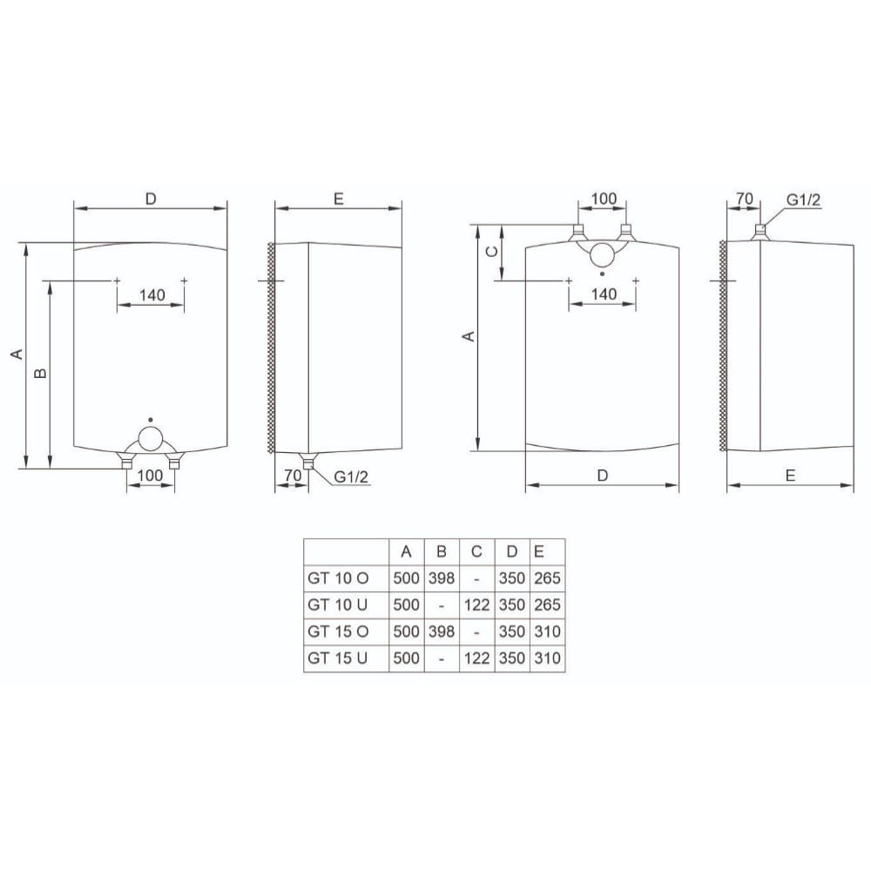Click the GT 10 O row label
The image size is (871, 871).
[x=338, y=578]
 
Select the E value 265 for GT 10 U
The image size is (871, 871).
[x=547, y=605]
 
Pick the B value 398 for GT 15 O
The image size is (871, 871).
[x=442, y=631]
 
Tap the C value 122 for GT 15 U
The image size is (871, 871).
[x=476, y=658]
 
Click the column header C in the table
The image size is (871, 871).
[x=476, y=551]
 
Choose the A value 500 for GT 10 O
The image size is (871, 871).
[x=406, y=578]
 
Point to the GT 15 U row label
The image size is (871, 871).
[x=338, y=658]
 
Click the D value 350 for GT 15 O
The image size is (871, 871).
[x=511, y=631]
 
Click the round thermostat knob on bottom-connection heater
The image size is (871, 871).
[x=150, y=439]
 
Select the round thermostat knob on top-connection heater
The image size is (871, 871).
[x=602, y=255]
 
